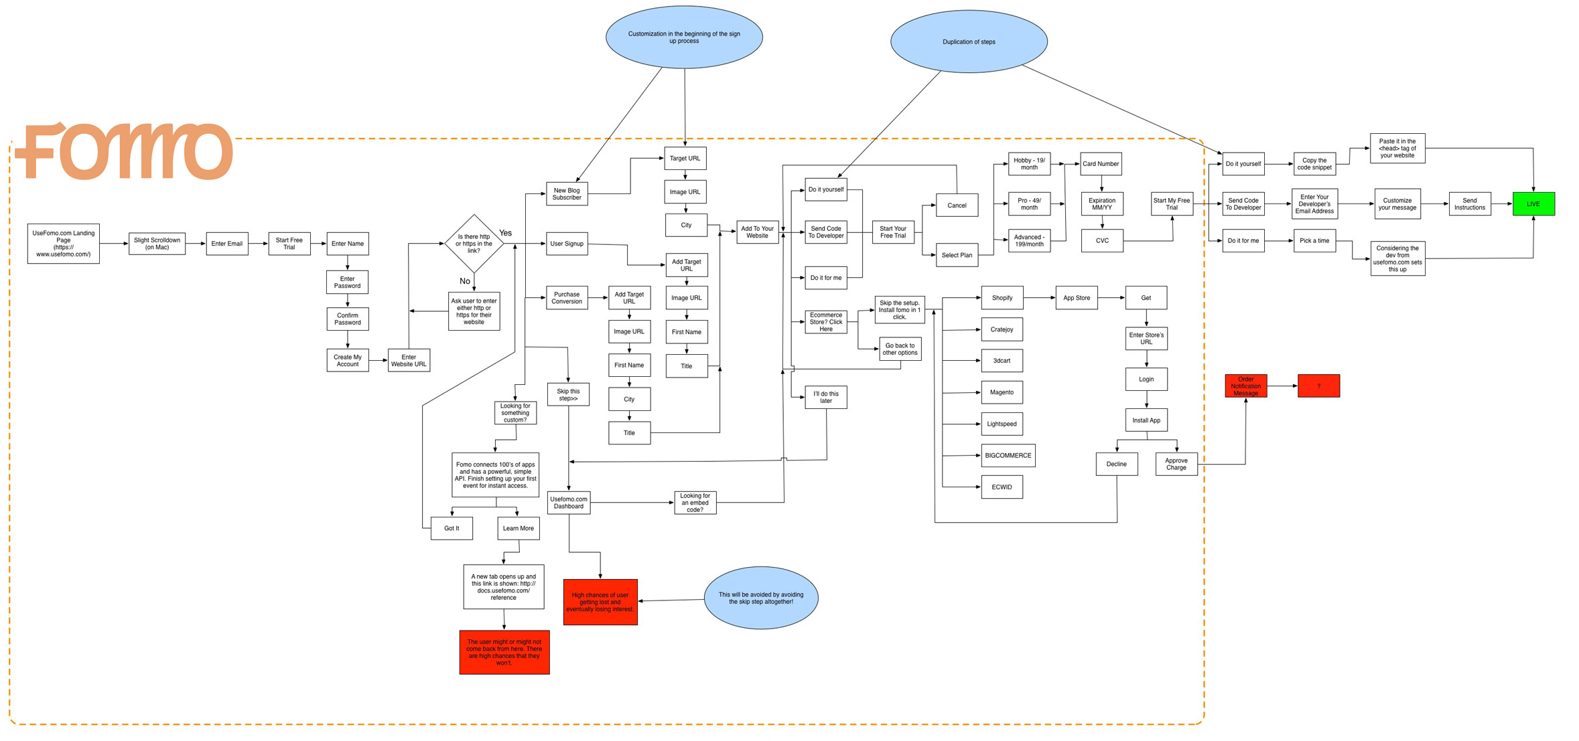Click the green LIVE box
[x=1532, y=203]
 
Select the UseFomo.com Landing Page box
[x=63, y=244]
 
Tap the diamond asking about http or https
[x=474, y=244]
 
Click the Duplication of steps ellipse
[x=968, y=42]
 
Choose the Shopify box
[x=1002, y=298]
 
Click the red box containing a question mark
[x=1318, y=386]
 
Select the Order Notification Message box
[x=1245, y=386]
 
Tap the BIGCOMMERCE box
[x=1008, y=456]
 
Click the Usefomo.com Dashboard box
[x=568, y=503]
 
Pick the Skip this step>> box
[x=568, y=395]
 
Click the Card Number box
[x=1100, y=164]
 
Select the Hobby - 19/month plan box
[x=1028, y=164]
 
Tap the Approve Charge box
[x=1176, y=464]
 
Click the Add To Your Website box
[x=757, y=232]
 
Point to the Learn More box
[x=518, y=528]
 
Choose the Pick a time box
[x=1314, y=241]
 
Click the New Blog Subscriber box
[x=567, y=194]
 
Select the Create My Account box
[x=347, y=361]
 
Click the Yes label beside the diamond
[x=505, y=233]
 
